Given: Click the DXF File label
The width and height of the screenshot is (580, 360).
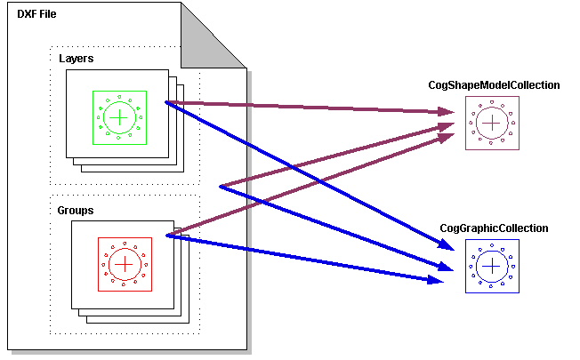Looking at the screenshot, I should click(37, 15).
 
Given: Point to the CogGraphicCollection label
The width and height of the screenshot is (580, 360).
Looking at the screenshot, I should click(494, 228).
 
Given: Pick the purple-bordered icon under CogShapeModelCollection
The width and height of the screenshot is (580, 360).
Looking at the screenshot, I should click(490, 123).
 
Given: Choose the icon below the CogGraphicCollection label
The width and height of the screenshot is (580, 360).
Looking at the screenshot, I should click(491, 267).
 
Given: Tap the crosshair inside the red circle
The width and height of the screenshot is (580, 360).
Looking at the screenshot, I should click(125, 264).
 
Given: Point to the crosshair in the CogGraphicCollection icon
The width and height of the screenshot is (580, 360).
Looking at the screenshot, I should click(491, 267).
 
